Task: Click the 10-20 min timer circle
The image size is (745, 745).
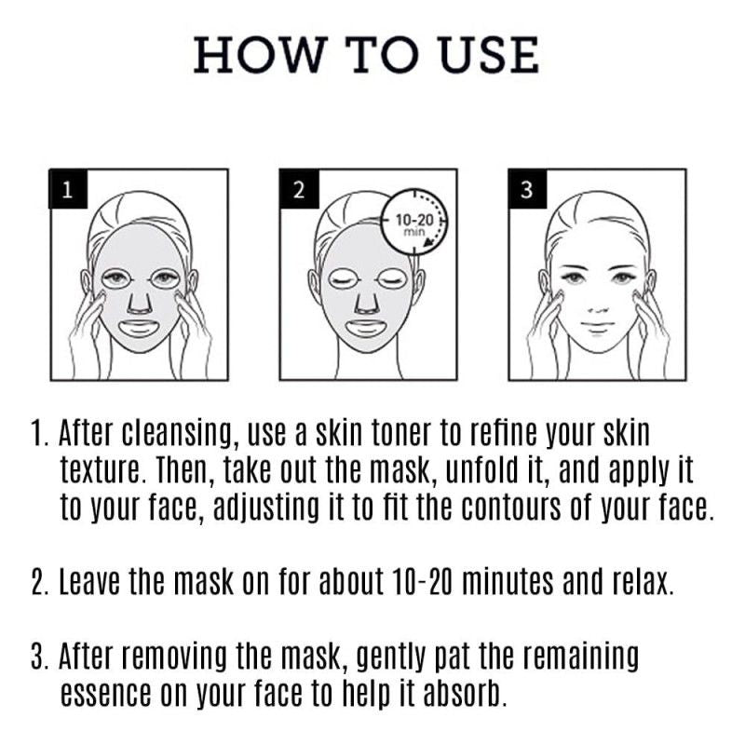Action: (413, 223)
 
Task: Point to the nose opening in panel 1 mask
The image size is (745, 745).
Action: (138, 301)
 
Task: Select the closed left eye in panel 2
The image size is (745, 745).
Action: (343, 278)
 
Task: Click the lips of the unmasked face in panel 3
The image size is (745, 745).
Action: (597, 327)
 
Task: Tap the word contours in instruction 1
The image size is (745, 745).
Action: (542, 508)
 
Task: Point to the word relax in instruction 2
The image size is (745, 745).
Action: (636, 584)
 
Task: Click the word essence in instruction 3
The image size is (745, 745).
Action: (100, 696)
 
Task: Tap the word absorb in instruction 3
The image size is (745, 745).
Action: (464, 696)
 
